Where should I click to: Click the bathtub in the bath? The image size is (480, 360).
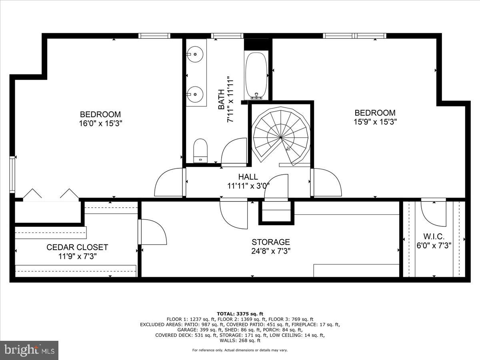point(256,76)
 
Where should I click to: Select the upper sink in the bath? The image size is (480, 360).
point(195,53)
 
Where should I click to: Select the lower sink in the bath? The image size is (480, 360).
point(195,94)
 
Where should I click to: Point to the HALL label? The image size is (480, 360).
point(248,177)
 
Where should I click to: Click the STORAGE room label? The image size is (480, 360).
point(270,242)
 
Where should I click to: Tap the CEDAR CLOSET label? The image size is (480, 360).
point(77,248)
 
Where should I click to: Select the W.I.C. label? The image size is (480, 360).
point(434,236)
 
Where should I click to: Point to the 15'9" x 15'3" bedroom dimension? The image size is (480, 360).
point(375,122)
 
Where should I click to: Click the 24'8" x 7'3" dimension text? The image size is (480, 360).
point(270,251)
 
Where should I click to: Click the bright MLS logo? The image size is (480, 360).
point(29,350)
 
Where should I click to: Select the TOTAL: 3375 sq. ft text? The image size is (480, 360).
point(240,314)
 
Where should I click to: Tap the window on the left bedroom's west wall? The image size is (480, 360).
point(12,175)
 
